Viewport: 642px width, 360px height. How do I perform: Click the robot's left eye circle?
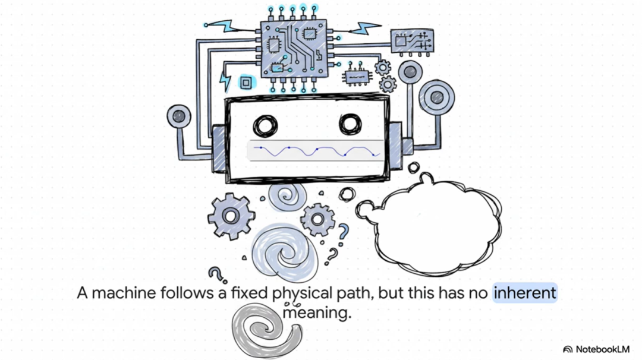pos(265,125)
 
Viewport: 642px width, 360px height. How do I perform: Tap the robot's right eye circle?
pos(350,124)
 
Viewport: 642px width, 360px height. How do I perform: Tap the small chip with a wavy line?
pos(357,76)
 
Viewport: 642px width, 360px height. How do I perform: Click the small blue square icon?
pos(245,82)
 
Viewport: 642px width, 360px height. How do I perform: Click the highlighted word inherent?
pos(525,293)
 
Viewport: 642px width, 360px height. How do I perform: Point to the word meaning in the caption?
pos(317,312)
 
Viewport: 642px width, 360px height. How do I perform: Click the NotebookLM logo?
pos(596,349)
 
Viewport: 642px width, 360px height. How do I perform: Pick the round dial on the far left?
pos(178,115)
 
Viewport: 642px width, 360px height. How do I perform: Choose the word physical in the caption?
pos(301,293)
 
